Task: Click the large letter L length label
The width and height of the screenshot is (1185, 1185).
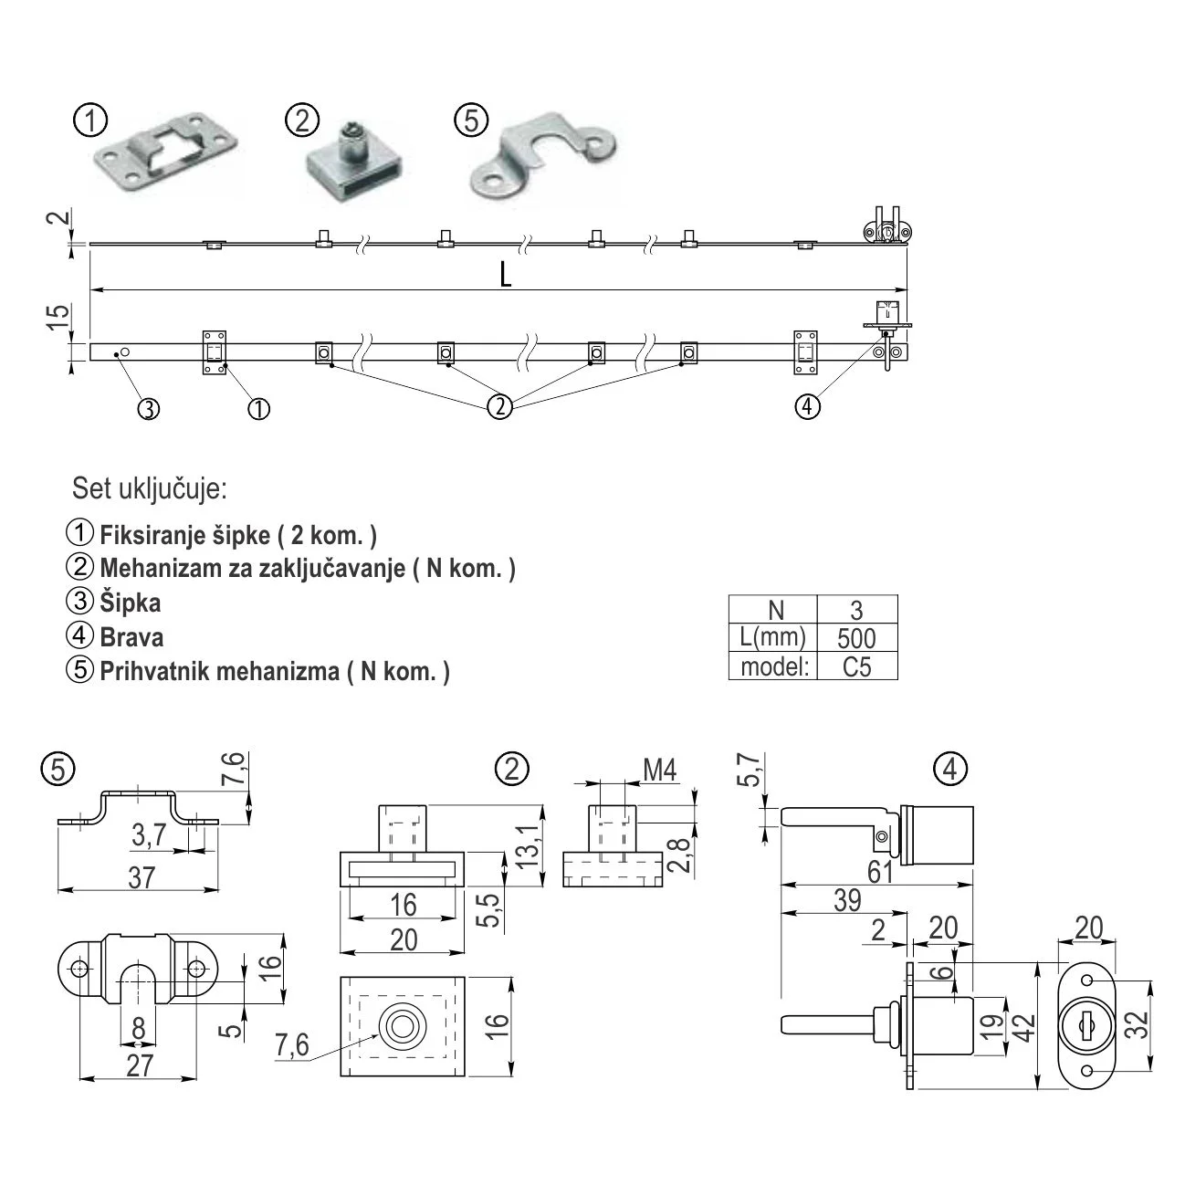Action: click(x=505, y=273)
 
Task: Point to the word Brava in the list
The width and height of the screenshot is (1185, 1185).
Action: click(x=132, y=636)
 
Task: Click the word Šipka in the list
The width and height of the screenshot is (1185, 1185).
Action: click(x=131, y=603)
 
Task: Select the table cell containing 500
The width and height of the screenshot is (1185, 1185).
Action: click(x=855, y=638)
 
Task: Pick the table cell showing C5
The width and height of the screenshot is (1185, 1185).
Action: click(x=856, y=666)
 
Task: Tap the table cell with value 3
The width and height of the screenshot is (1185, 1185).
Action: click(x=855, y=610)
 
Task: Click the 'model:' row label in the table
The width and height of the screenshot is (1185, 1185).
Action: click(x=775, y=666)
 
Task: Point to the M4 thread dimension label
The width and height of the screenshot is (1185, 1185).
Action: click(x=659, y=771)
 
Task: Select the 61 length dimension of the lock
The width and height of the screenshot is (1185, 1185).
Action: click(x=879, y=872)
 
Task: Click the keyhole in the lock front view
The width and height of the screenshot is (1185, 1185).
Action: click(x=1085, y=1025)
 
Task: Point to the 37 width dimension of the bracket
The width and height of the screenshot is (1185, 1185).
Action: click(x=141, y=877)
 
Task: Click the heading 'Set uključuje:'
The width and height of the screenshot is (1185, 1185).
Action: click(x=150, y=489)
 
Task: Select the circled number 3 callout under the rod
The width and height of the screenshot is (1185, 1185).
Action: click(x=149, y=408)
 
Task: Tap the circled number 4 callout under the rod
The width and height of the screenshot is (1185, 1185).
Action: click(x=807, y=406)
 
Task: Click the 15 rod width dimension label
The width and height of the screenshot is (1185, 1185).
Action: click(x=57, y=317)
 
